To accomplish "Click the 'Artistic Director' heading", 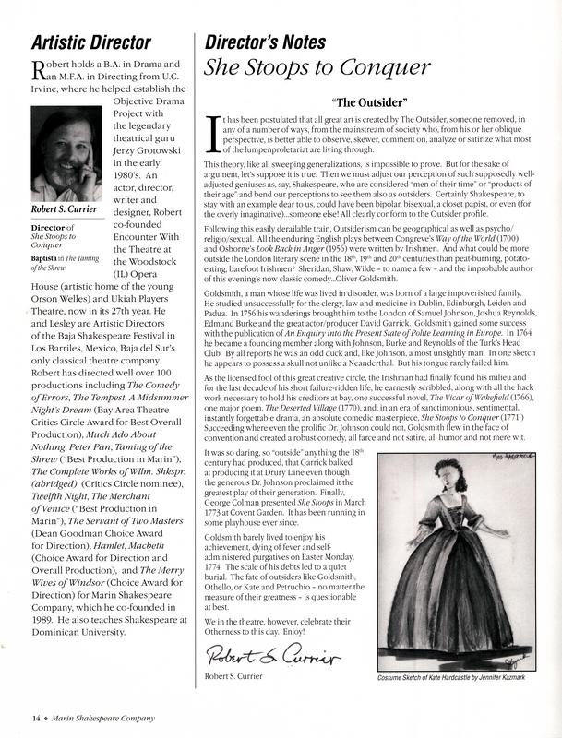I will click(x=91, y=42).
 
